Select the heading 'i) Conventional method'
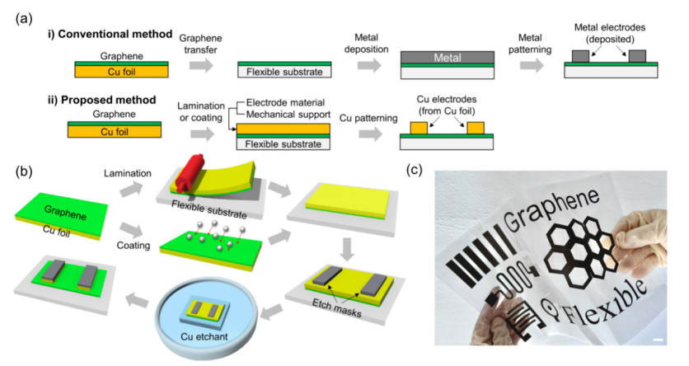click(110, 35)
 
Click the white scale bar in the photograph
click(659, 340)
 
